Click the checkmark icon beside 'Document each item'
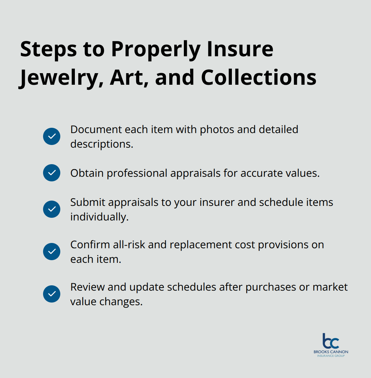tap(52, 136)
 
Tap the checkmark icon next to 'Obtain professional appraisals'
tap(52, 173)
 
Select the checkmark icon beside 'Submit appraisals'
tap(52, 209)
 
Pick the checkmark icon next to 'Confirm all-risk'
tap(52, 252)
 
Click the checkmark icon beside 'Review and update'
tap(52, 294)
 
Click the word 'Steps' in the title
tap(48, 49)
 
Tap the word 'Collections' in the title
tap(258, 78)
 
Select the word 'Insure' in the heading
tap(240, 49)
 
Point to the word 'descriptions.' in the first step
tap(102, 144)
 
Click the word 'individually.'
tap(99, 217)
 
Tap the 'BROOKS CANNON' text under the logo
tap(331, 352)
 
